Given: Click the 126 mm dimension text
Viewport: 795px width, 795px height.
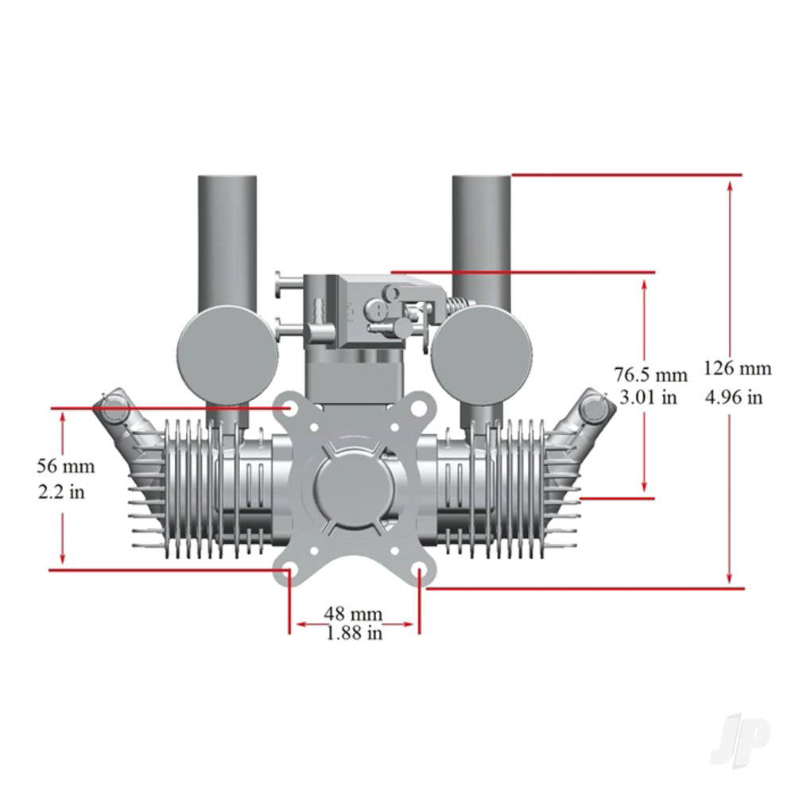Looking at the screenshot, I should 737,368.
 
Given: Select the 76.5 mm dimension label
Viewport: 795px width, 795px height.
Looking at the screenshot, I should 650,374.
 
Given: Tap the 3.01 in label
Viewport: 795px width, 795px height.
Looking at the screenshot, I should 648,397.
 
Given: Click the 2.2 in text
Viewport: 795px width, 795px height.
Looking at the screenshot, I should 61,491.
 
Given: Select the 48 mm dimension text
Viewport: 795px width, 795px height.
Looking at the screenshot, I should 353,614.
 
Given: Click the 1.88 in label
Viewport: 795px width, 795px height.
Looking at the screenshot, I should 353,634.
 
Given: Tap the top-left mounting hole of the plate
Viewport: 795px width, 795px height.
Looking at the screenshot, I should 291,408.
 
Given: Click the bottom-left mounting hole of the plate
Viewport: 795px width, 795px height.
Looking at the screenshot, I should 290,572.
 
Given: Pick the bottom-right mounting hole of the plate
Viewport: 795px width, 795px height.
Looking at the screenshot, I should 419,572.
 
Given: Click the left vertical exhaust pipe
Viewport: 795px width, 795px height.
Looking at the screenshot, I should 227,238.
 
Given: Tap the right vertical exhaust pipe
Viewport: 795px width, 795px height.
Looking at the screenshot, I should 482,238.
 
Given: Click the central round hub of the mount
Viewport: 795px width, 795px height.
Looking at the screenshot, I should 354,489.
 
